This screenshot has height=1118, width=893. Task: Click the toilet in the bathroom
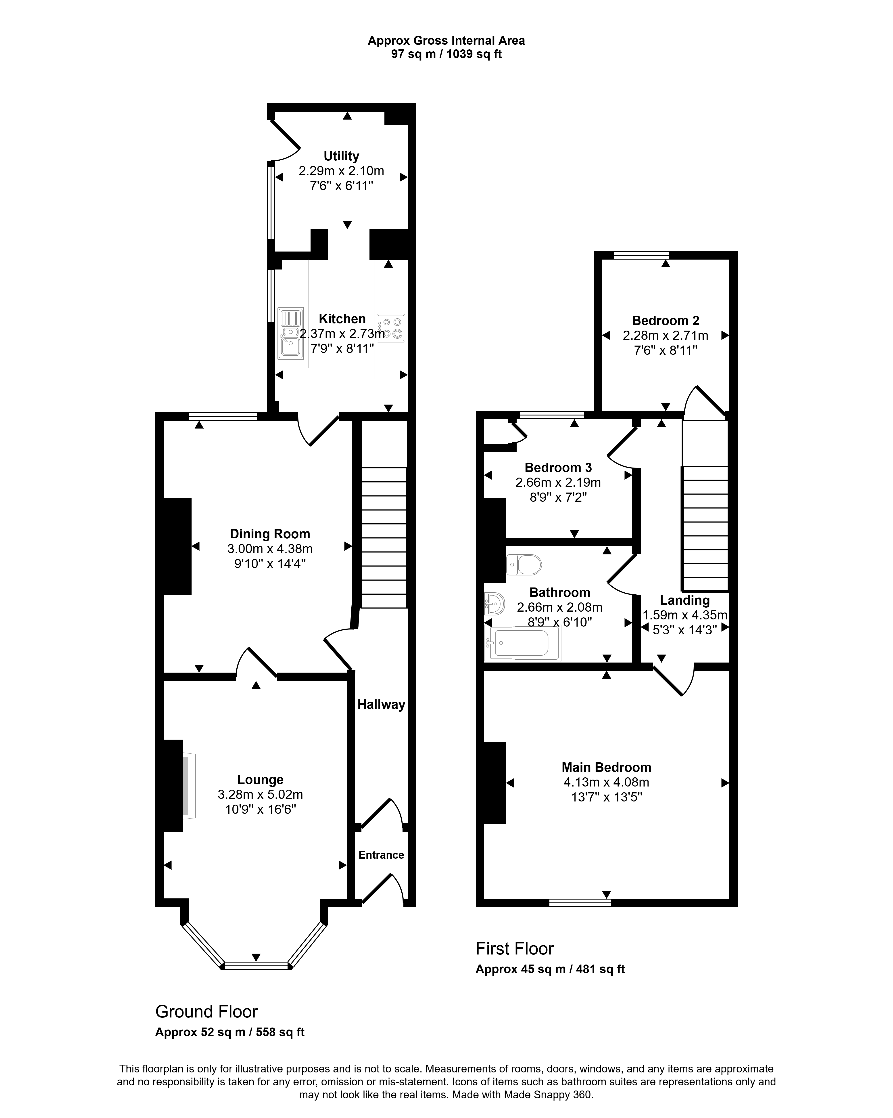tap(524, 565)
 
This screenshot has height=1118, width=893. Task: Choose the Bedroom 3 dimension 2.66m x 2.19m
tap(558, 483)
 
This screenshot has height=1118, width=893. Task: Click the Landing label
tap(685, 600)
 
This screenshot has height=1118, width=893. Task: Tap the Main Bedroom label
tap(606, 768)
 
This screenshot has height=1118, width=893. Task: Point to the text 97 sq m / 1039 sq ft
tap(446, 54)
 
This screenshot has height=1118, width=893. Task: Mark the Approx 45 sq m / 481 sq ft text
tap(550, 969)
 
